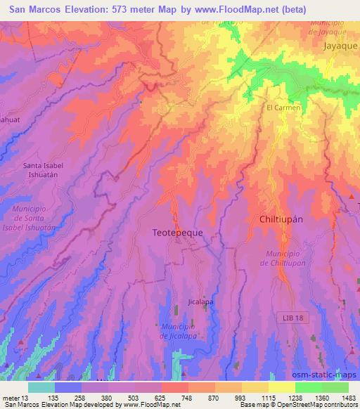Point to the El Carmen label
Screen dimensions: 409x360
[283, 108]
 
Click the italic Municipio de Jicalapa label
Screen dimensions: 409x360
[177, 331]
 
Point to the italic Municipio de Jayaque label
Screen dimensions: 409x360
[328, 27]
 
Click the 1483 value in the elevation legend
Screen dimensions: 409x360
[347, 398]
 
